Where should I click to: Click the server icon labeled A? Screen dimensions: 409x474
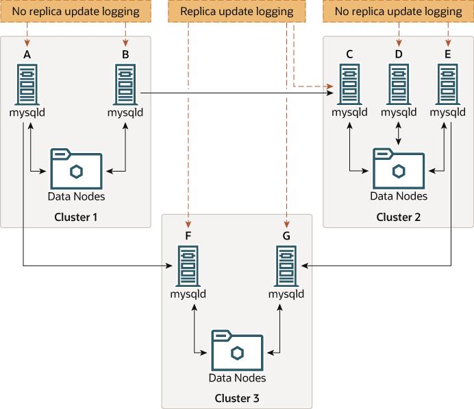[27, 83]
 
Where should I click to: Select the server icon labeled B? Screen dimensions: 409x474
[125, 83]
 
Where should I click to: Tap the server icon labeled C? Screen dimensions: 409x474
[349, 83]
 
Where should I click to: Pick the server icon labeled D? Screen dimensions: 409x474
[399, 83]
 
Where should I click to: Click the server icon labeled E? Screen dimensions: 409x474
[448, 83]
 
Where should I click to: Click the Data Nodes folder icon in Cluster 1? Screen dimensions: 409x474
[76, 167]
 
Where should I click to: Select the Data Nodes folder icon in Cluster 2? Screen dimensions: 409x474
[399, 167]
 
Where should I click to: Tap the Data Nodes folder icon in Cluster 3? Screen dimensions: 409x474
[237, 350]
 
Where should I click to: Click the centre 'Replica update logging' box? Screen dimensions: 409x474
[236, 12]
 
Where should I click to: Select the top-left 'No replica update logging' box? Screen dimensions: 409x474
[76, 12]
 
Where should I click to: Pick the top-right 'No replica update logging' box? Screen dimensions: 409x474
[399, 12]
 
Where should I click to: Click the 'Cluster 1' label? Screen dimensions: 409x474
[76, 218]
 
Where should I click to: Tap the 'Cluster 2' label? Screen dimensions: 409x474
[399, 218]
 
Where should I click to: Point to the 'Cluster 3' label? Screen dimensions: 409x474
[237, 398]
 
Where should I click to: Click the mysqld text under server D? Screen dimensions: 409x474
[399, 113]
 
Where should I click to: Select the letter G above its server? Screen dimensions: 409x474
[286, 236]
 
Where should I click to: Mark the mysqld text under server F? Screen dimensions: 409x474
[188, 294]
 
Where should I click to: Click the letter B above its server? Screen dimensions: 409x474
[125, 54]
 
